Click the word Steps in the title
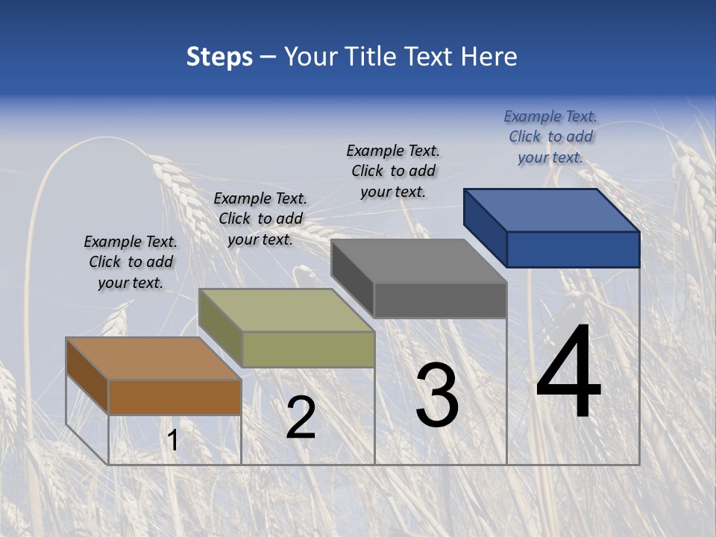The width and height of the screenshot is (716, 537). [219, 57]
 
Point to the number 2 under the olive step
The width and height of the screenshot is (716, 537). [301, 418]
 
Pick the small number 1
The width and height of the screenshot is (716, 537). [173, 441]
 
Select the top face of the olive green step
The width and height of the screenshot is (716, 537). [286, 310]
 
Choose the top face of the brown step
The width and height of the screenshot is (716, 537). [154, 359]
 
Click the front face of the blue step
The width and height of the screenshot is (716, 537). [573, 249]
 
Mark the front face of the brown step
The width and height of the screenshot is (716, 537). [175, 397]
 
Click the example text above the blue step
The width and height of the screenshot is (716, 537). [550, 136]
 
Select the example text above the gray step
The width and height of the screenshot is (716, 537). [393, 171]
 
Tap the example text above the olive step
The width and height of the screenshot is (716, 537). [260, 219]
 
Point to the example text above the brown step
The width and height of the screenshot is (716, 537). [131, 262]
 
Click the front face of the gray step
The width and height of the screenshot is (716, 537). [440, 300]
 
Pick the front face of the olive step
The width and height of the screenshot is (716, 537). [307, 349]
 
